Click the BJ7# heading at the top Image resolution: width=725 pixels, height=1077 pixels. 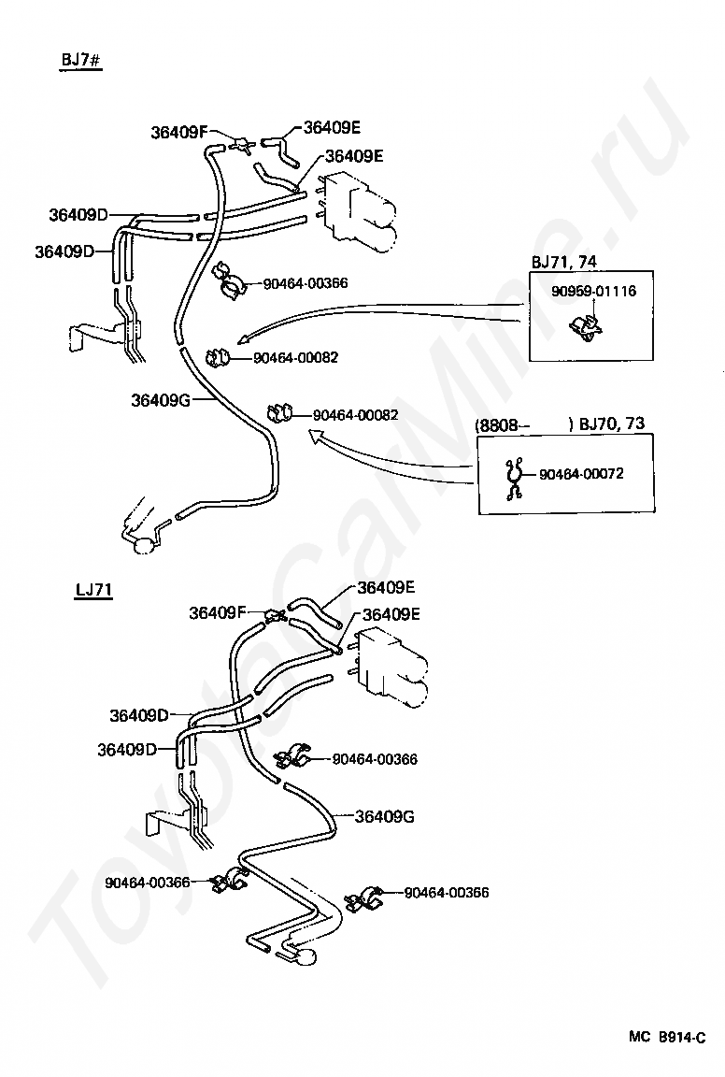click(80, 60)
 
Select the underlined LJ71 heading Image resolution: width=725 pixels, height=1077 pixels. click(93, 590)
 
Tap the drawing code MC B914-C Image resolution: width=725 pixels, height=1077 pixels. click(667, 1037)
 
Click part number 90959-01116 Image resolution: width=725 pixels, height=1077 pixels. click(594, 292)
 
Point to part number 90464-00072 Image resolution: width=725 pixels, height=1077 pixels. click(581, 474)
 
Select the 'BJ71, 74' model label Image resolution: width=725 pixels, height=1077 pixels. click(563, 262)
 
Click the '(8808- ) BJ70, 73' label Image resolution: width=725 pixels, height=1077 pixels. click(560, 424)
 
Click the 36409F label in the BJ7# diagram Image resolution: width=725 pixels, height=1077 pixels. click(178, 133)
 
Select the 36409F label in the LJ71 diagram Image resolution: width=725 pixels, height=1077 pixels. click(217, 612)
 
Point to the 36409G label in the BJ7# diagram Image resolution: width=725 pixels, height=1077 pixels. click(160, 400)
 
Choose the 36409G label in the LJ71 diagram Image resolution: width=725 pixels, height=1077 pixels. click(385, 817)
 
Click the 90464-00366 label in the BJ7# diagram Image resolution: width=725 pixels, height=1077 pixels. click(306, 283)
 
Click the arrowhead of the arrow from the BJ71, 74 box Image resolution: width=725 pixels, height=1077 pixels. click(242, 338)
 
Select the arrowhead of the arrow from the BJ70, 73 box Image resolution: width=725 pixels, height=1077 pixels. click(315, 435)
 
